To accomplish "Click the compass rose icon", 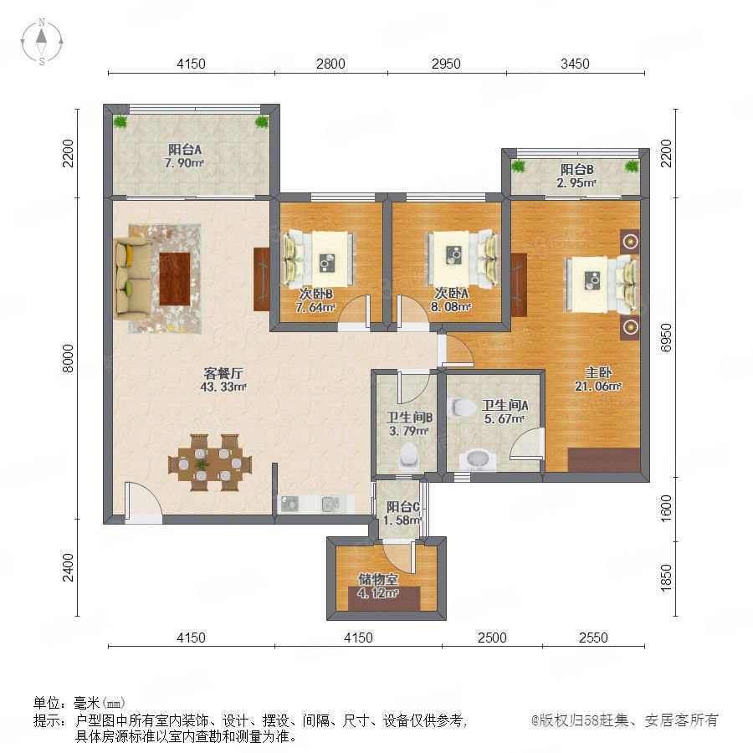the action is point(42,41).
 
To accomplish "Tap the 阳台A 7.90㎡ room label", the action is point(184,156).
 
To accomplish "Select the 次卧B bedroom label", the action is point(315,294).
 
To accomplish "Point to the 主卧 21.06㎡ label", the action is point(598,379).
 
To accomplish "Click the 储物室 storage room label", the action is point(378,580).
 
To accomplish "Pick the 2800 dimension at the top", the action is point(330,64).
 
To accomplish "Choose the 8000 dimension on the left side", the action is point(69,358).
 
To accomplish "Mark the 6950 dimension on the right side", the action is point(666,338).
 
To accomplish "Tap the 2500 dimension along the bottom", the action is point(492,638).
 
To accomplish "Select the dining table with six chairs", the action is point(210,463).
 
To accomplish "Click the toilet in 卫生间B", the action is point(408,456).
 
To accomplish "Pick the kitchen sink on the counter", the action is point(330,505).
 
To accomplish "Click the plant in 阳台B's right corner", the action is point(632,166).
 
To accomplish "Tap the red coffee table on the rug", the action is point(175,279).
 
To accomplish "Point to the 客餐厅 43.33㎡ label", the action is point(223,380).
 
